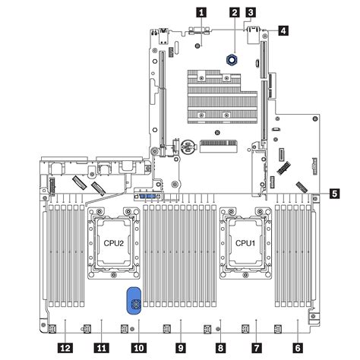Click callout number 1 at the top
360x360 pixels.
click(x=201, y=11)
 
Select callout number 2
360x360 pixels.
click(x=235, y=12)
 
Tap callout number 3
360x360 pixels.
click(x=251, y=12)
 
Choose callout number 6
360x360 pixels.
click(x=297, y=346)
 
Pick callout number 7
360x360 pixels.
click(x=256, y=346)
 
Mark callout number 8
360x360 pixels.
click(x=219, y=346)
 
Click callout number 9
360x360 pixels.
click(x=180, y=346)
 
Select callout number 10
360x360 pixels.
click(x=139, y=346)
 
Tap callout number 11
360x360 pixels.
click(x=99, y=346)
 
